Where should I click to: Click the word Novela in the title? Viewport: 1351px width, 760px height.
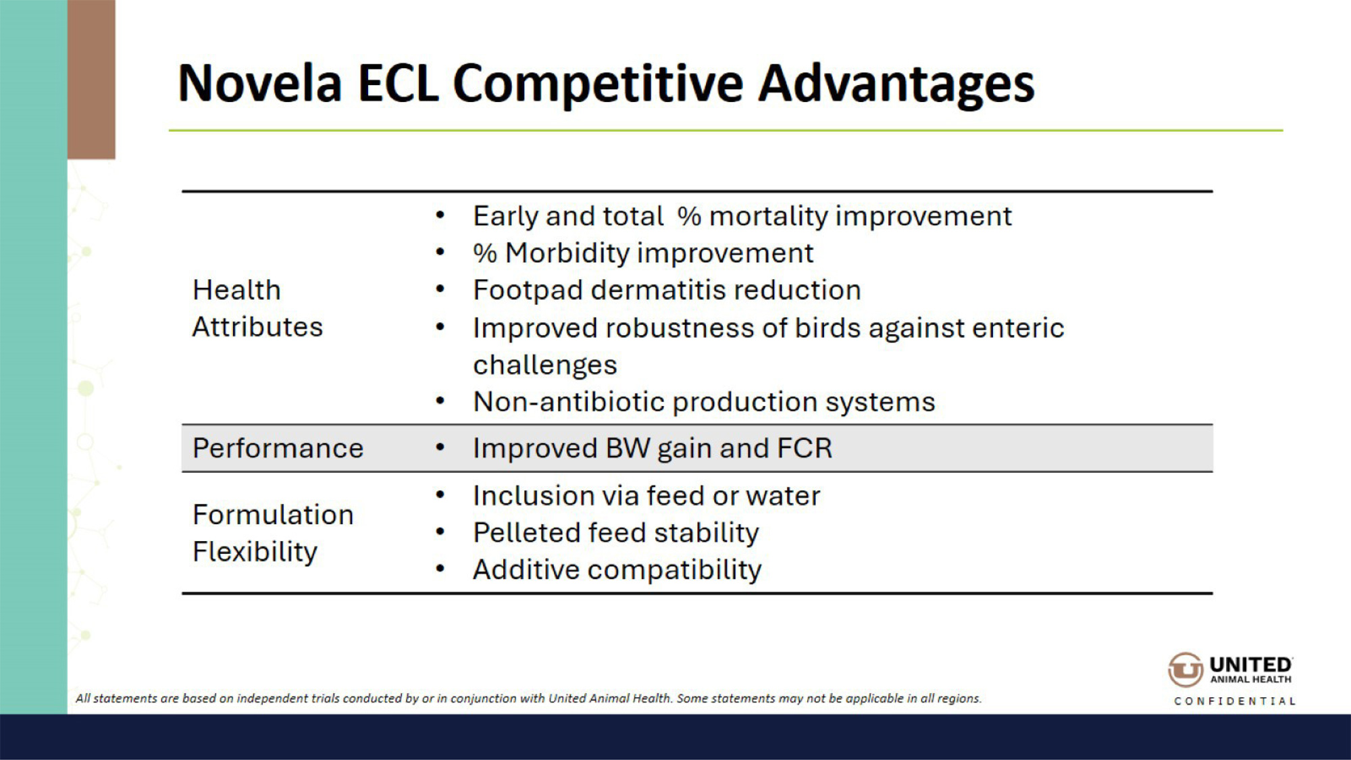(x=260, y=84)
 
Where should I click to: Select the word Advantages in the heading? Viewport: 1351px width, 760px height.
(x=896, y=85)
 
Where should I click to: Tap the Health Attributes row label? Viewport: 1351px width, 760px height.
(x=257, y=309)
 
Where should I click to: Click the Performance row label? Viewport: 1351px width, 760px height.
(x=278, y=449)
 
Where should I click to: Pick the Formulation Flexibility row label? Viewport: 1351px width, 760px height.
(x=273, y=533)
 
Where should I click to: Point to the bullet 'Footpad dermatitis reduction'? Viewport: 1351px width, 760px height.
(x=667, y=290)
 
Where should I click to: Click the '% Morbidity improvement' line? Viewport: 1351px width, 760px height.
(x=643, y=253)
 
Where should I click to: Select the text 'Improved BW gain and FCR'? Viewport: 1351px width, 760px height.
(x=653, y=449)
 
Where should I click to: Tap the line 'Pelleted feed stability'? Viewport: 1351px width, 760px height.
(x=616, y=533)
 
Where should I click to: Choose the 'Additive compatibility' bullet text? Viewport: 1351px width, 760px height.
(x=617, y=570)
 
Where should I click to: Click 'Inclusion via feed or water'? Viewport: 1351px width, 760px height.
(x=646, y=496)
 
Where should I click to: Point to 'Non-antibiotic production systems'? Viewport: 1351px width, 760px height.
(x=704, y=402)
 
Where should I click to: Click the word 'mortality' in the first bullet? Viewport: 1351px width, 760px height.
(x=768, y=216)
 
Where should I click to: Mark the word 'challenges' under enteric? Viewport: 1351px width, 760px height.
(x=545, y=365)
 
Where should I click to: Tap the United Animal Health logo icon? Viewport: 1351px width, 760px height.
(x=1186, y=669)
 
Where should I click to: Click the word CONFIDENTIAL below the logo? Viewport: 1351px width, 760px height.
(x=1235, y=701)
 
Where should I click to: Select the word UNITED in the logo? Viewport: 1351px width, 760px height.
(x=1250, y=665)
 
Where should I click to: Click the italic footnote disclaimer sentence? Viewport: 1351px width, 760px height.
(x=528, y=698)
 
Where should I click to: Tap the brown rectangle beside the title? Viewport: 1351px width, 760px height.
(x=91, y=79)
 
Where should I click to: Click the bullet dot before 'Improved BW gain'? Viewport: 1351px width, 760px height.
(x=440, y=447)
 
